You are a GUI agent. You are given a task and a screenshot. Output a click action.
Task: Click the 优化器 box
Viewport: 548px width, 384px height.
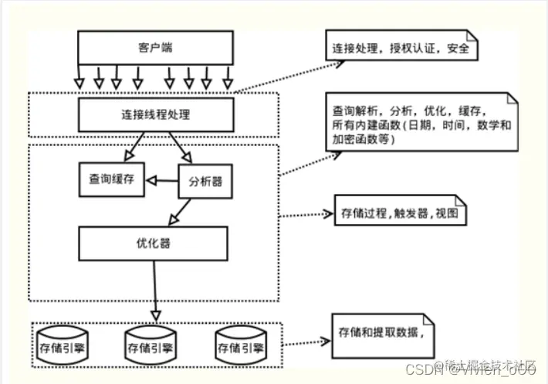point(154,243)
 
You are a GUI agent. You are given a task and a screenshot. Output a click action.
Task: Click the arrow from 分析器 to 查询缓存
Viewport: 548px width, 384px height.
point(163,180)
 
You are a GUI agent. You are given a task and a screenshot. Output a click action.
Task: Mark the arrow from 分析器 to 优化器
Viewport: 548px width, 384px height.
point(184,210)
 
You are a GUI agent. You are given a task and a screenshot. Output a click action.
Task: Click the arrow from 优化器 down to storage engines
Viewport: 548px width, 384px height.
point(154,290)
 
